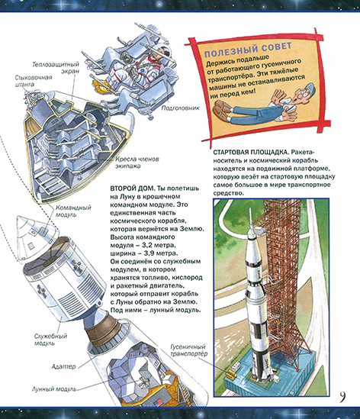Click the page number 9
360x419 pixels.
(x=345, y=395)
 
